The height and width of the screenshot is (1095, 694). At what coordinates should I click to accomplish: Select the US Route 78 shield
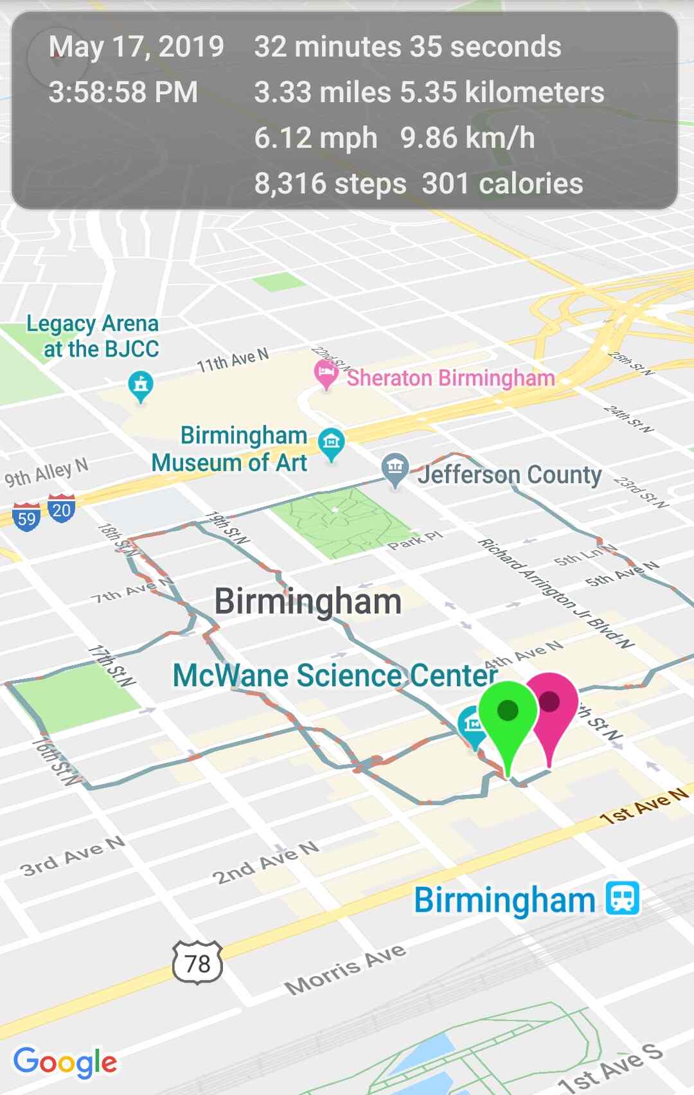197,963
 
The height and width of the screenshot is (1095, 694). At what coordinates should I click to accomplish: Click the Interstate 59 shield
26,517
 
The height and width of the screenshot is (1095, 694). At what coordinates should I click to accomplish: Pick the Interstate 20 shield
61,509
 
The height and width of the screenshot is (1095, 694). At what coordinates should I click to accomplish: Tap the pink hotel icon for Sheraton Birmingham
326,373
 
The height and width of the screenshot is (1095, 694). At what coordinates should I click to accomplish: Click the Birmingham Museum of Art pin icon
332,443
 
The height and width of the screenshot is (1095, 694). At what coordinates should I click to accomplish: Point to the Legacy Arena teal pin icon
141,386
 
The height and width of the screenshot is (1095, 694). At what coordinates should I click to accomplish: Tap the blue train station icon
623,898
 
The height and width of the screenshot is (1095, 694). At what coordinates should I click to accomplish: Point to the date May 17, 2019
136,47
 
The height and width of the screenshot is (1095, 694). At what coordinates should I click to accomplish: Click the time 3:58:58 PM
123,92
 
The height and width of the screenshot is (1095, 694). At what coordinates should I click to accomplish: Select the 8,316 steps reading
330,184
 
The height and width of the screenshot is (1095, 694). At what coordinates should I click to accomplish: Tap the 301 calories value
503,184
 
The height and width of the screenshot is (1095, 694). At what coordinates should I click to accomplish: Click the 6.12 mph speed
316,138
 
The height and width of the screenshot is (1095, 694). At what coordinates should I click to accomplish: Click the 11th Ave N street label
233,361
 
